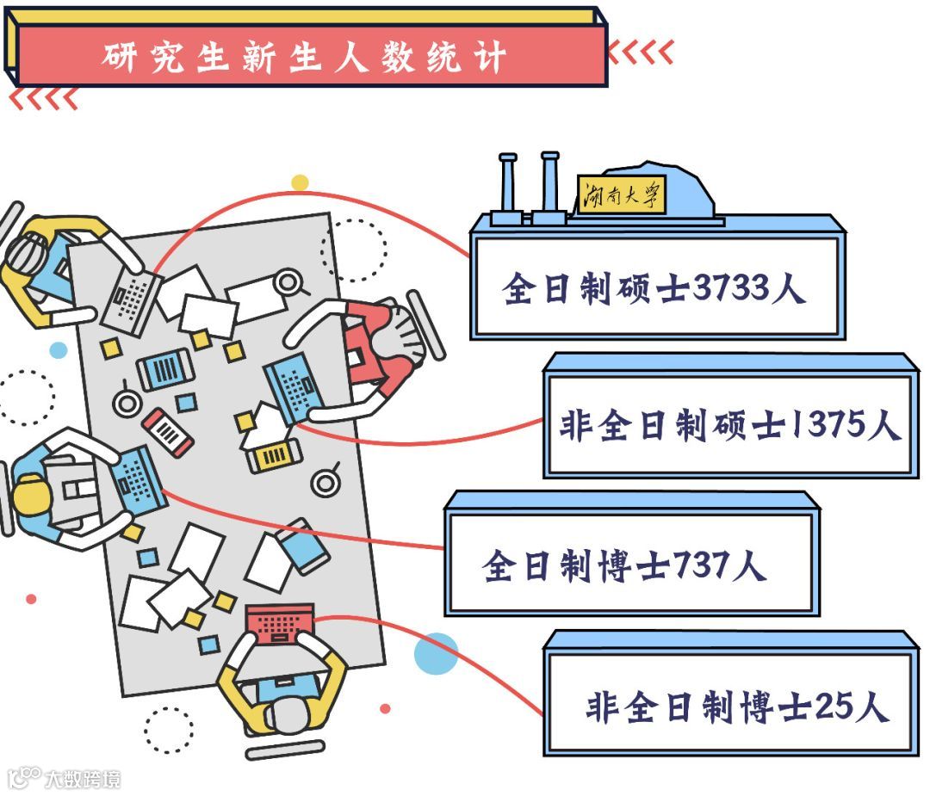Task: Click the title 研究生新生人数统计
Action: (x=303, y=57)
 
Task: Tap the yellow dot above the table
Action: (x=300, y=182)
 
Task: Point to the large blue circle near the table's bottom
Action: (x=435, y=654)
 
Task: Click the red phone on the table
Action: (x=168, y=431)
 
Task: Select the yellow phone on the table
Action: (x=274, y=455)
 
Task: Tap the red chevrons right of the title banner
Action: (x=641, y=53)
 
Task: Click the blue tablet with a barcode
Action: (x=165, y=370)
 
